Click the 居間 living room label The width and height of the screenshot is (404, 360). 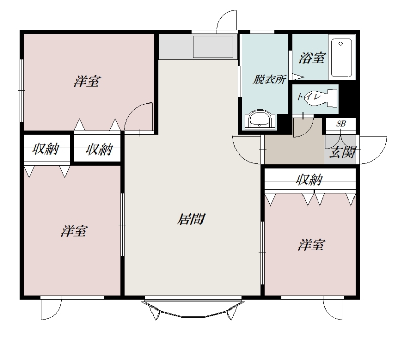(x=191, y=219)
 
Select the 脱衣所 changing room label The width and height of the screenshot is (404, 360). (x=269, y=79)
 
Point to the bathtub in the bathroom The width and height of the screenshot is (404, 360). (x=342, y=58)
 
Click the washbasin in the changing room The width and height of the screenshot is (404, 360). (x=260, y=120)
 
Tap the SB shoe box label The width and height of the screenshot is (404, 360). (x=341, y=124)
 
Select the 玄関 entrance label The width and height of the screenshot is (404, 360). (x=343, y=152)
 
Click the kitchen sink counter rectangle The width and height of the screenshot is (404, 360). (x=213, y=46)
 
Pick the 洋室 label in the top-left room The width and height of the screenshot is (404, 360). (x=87, y=81)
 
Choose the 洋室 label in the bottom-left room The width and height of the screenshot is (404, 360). (x=74, y=231)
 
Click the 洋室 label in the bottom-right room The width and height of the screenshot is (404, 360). (x=312, y=245)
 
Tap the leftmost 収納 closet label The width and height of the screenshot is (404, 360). (x=46, y=149)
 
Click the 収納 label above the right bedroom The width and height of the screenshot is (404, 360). (x=309, y=179)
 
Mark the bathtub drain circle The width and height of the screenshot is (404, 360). (x=341, y=44)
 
